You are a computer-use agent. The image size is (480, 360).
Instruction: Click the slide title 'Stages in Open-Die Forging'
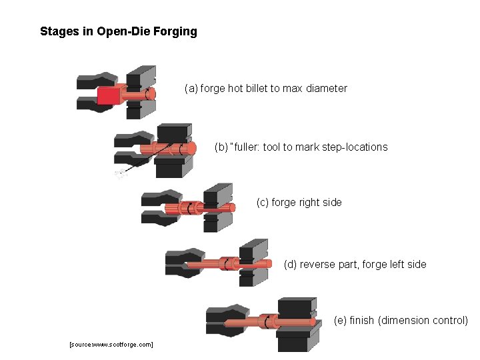pos(119,31)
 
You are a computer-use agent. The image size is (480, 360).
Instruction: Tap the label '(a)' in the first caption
pos(191,88)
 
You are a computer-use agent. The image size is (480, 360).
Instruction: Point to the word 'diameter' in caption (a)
pos(327,88)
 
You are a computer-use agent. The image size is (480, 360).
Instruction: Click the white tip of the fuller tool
pos(120,175)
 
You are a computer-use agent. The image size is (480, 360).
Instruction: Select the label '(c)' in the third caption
pos(263,202)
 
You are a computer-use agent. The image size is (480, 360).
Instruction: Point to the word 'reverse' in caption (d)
pos(318,264)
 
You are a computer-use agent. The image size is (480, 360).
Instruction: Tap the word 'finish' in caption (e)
pos(361,320)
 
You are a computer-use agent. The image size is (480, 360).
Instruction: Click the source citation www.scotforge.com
pos(111,344)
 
